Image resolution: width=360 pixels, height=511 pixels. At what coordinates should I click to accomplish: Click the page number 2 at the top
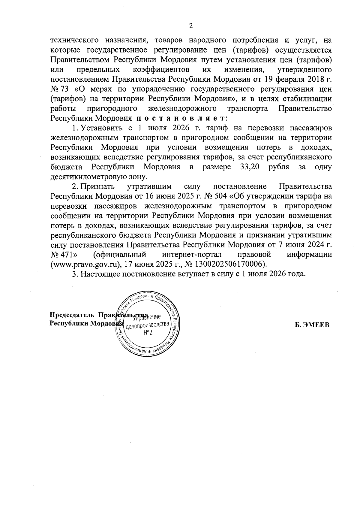pyautogui.click(x=190, y=26)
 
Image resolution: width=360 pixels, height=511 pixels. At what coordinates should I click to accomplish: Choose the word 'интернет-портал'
pyautogui.click(x=192, y=254)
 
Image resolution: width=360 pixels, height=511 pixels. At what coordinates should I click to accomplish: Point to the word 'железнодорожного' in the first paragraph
pyautogui.click(x=182, y=108)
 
